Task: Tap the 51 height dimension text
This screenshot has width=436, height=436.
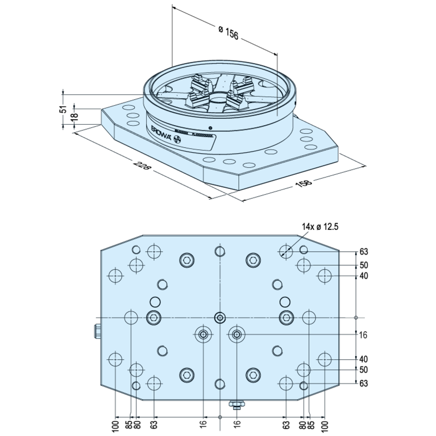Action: (63, 109)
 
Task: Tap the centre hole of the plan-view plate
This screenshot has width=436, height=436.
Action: (220, 317)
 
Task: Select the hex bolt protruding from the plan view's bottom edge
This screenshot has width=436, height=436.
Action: (237, 403)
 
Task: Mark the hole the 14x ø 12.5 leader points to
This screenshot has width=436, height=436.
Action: (285, 252)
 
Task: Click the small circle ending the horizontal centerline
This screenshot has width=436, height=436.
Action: (356, 317)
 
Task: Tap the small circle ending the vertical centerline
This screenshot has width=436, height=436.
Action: (220, 417)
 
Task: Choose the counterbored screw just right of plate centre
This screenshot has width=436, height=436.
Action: (237, 335)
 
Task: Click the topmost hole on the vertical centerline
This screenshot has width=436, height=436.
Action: (220, 252)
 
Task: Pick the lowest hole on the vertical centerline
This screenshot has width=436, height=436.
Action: (220, 384)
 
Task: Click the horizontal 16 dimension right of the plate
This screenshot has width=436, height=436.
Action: (363, 335)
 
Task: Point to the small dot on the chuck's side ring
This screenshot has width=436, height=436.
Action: (210, 128)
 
